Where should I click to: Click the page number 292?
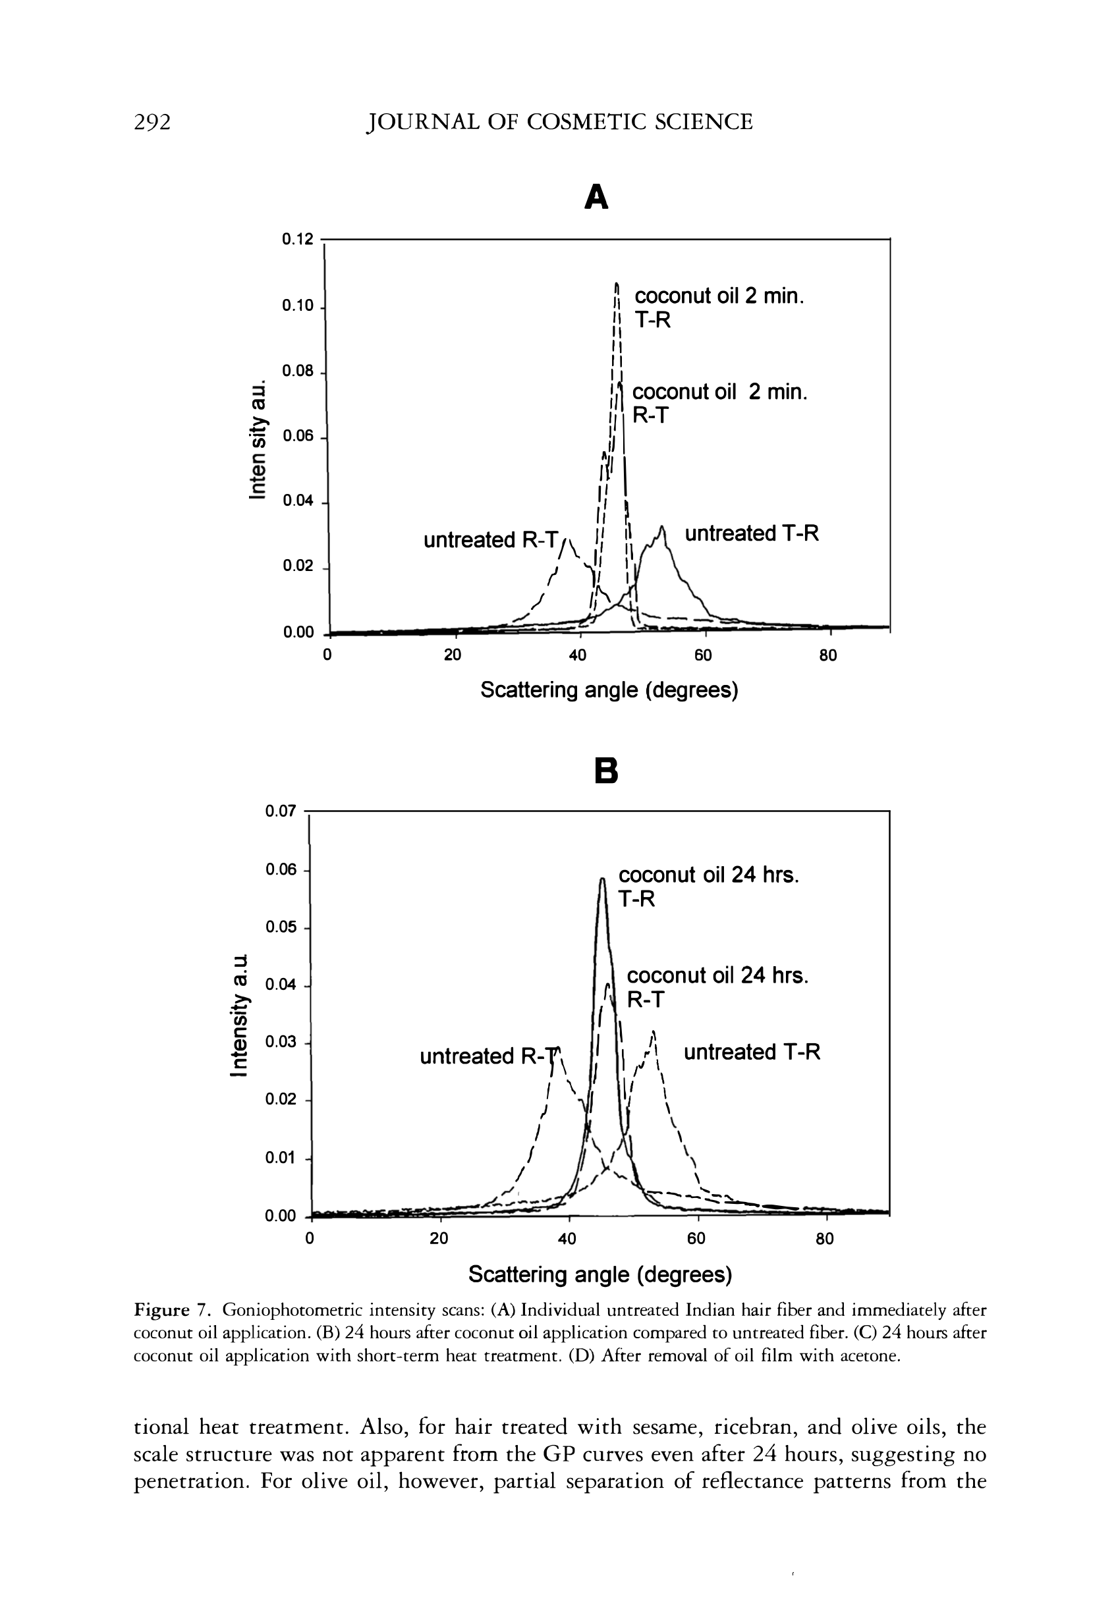click(x=152, y=123)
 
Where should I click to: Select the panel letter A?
click(x=596, y=198)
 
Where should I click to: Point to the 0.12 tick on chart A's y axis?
click(x=297, y=240)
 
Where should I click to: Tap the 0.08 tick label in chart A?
click(x=297, y=371)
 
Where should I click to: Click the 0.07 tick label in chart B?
click(x=281, y=811)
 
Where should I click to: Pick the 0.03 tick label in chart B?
click(x=281, y=1042)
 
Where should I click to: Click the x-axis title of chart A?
click(x=609, y=691)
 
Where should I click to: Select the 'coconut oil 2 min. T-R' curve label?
click(x=719, y=308)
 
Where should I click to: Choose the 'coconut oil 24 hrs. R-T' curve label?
click(x=717, y=987)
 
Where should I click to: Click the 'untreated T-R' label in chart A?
click(x=751, y=533)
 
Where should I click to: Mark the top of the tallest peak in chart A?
click(x=617, y=285)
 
